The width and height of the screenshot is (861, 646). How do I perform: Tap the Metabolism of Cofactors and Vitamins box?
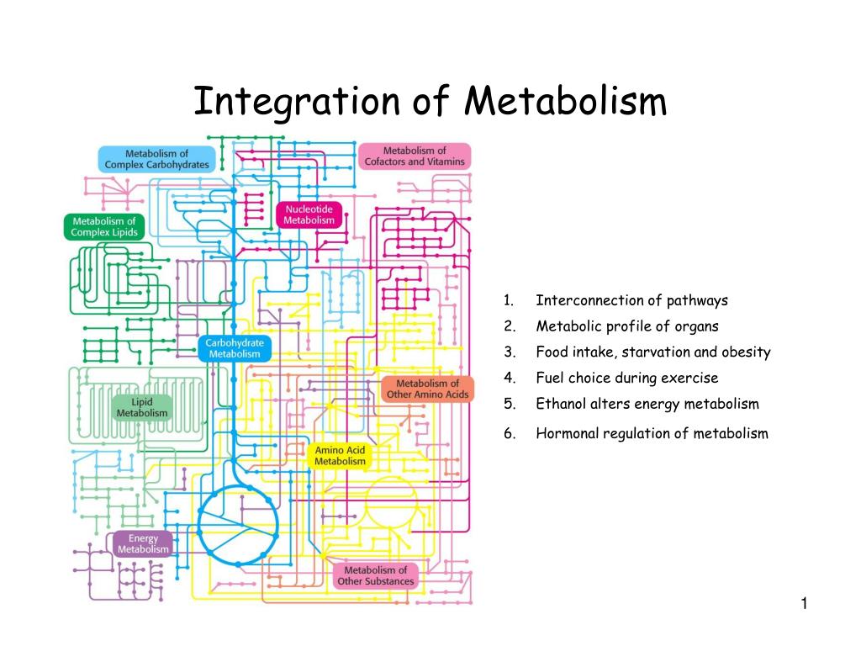point(415,156)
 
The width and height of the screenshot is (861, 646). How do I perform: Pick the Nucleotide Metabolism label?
point(309,214)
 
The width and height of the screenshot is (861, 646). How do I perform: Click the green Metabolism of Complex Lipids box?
point(104,227)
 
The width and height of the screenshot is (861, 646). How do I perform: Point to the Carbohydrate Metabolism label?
point(235,348)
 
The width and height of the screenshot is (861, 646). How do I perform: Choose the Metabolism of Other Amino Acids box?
point(428,389)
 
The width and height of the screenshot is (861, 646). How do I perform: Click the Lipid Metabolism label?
point(142,407)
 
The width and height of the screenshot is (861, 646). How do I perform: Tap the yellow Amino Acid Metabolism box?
point(341,456)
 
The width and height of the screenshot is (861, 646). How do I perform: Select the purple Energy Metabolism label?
point(143,543)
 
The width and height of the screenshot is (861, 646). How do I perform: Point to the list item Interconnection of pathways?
point(631,300)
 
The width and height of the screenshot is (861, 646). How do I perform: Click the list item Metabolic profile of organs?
point(627,326)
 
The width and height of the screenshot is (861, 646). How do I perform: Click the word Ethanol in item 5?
point(559,404)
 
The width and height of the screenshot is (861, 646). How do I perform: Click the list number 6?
point(508,434)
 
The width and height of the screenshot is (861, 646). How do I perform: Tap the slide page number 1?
point(804,603)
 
